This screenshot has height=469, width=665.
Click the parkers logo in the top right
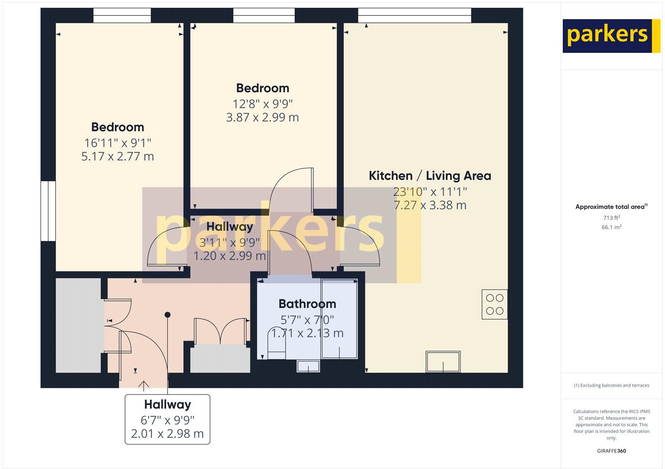click(x=611, y=36)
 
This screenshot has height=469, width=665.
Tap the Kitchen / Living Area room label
click(x=430, y=176)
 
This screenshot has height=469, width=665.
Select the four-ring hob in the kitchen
click(x=495, y=304)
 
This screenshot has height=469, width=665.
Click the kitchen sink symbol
click(x=443, y=362)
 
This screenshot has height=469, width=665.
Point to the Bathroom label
click(x=307, y=304)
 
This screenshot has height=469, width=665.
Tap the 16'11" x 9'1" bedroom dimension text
click(x=118, y=143)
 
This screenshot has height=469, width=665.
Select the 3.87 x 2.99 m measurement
click(x=262, y=117)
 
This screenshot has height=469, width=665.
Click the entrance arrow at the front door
click(x=144, y=385)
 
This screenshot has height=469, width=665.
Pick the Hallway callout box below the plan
click(x=167, y=419)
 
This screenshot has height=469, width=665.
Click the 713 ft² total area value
click(x=611, y=218)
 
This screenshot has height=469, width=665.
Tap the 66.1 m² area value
click(x=611, y=227)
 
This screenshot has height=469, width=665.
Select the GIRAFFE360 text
click(x=611, y=451)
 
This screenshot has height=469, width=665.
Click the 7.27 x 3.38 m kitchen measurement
click(x=430, y=205)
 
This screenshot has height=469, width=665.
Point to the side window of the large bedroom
click(x=48, y=211)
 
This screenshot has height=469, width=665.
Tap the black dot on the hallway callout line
click(x=167, y=315)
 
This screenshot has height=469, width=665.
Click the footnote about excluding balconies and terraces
click(x=611, y=385)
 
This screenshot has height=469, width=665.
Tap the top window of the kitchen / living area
click(x=414, y=15)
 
